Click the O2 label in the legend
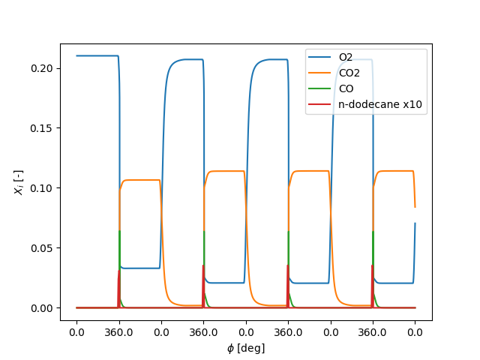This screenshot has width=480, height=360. click(346, 57)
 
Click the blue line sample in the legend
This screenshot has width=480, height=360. click(320, 58)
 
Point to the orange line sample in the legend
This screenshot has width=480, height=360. click(320, 73)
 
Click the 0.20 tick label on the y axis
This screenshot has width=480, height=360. click(42, 68)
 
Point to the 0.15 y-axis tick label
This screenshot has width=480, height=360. click(42, 128)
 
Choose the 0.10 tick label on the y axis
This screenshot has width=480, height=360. click(42, 188)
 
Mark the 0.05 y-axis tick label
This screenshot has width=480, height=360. click(42, 248)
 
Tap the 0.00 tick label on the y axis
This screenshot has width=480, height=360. click(42, 308)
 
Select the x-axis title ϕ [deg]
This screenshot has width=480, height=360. click(245, 348)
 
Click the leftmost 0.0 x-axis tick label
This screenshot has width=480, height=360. click(76, 332)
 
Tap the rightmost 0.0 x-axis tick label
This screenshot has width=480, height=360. click(415, 332)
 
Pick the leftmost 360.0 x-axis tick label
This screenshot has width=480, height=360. click(118, 332)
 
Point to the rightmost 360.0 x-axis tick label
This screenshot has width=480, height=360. click(373, 332)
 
